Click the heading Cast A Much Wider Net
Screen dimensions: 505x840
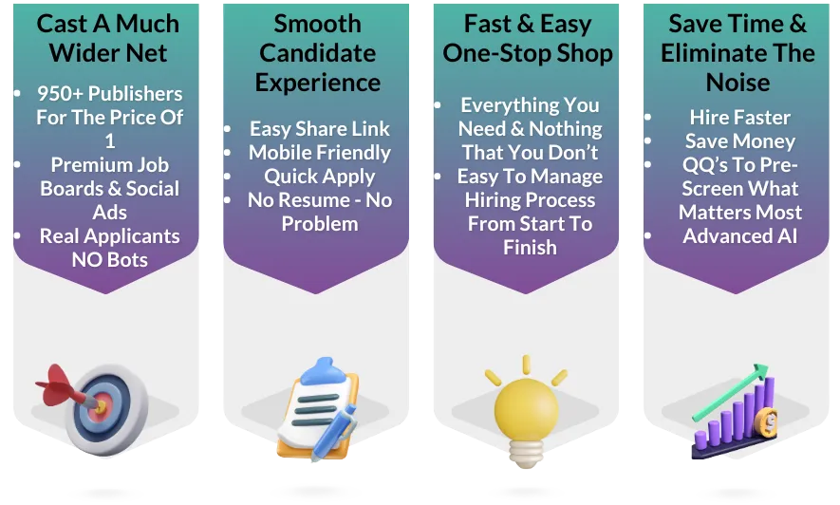pyautogui.click(x=107, y=37)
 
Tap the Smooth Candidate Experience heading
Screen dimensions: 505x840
pyautogui.click(x=318, y=52)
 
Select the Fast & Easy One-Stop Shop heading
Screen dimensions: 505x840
pyautogui.click(x=528, y=37)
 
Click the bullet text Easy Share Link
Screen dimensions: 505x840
pyautogui.click(x=319, y=128)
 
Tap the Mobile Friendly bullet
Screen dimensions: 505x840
pyautogui.click(x=319, y=152)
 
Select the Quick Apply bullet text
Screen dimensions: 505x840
pyautogui.click(x=319, y=176)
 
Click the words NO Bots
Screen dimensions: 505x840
pyautogui.click(x=109, y=258)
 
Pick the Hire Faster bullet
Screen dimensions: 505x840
pyautogui.click(x=739, y=117)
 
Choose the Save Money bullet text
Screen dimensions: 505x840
pyautogui.click(x=739, y=140)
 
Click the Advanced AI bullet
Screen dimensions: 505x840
pyautogui.click(x=741, y=235)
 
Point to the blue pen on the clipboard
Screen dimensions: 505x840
pyautogui.click(x=331, y=433)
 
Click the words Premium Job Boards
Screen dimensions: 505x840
pyautogui.click(x=109, y=176)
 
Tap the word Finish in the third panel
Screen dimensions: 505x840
pyautogui.click(x=529, y=247)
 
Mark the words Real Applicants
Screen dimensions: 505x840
pyautogui.click(x=109, y=235)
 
